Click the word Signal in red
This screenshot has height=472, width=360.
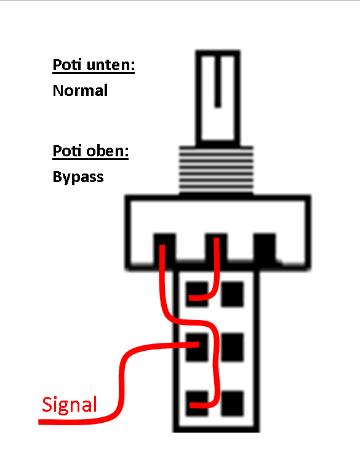coord(70,405)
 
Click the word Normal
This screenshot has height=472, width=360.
coord(80,90)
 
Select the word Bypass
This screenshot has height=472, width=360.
coord(78,177)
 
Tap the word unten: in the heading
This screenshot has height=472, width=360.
coord(111,65)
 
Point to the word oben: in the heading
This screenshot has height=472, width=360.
coord(108,151)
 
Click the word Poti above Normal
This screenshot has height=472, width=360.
coord(67,65)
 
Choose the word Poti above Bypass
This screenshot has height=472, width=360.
coord(67,151)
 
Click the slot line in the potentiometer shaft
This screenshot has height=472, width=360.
coord(218,81)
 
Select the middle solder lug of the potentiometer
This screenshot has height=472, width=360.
coord(216,247)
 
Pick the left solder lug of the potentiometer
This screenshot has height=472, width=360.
coord(165,247)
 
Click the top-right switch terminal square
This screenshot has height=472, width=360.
coord(232,294)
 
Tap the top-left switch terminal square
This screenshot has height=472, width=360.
coord(197,294)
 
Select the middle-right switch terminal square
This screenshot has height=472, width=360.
coord(232,347)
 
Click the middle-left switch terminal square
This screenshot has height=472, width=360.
coord(197,347)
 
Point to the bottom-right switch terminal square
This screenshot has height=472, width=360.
coord(232,403)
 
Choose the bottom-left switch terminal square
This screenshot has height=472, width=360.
coord(197,403)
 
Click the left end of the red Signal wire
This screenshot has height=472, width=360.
coord(39,422)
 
